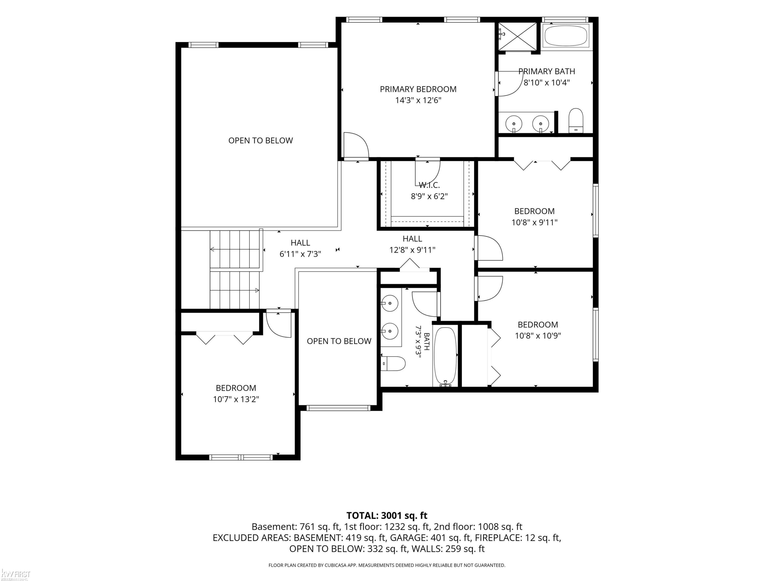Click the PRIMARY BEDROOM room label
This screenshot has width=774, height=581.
pos(418,89)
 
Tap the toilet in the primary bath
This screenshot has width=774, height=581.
pos(576,121)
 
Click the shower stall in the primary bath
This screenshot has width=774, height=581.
pos(518,36)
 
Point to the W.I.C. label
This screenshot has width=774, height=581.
pos(429,185)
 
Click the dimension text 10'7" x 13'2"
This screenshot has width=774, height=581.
pos(236,399)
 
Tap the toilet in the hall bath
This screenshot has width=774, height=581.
pos(393,364)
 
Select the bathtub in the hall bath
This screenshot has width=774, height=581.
pos(445,357)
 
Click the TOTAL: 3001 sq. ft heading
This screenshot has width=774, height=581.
pos(387,515)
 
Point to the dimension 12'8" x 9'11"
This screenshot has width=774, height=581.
pos(412,250)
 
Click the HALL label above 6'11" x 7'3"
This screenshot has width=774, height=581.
pos(300,243)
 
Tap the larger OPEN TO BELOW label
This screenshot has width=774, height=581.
pos(261,140)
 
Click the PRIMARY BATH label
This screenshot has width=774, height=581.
pos(546,72)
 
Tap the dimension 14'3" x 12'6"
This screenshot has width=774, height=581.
pos(418,100)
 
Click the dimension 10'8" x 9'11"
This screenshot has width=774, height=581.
pos(534,222)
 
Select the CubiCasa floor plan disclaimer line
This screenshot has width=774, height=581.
pos(387,565)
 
